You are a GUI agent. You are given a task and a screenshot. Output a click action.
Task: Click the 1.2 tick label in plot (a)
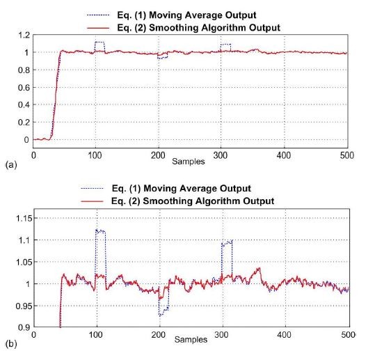click(24, 35)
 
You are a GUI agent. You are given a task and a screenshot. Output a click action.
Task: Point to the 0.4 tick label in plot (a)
click(24, 105)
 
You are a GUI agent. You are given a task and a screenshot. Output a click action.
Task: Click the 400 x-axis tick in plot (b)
click(285, 336)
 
